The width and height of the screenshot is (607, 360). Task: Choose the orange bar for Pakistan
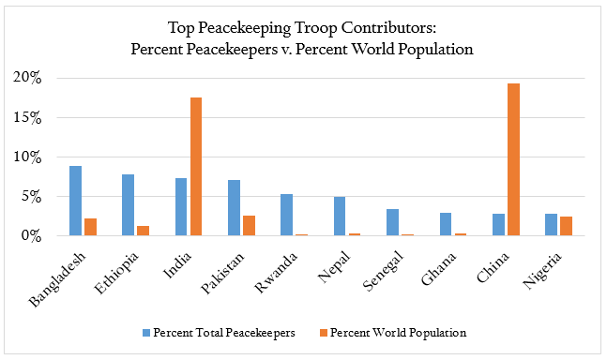[x=249, y=226]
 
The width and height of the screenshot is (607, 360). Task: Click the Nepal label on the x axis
[x=351, y=262]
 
